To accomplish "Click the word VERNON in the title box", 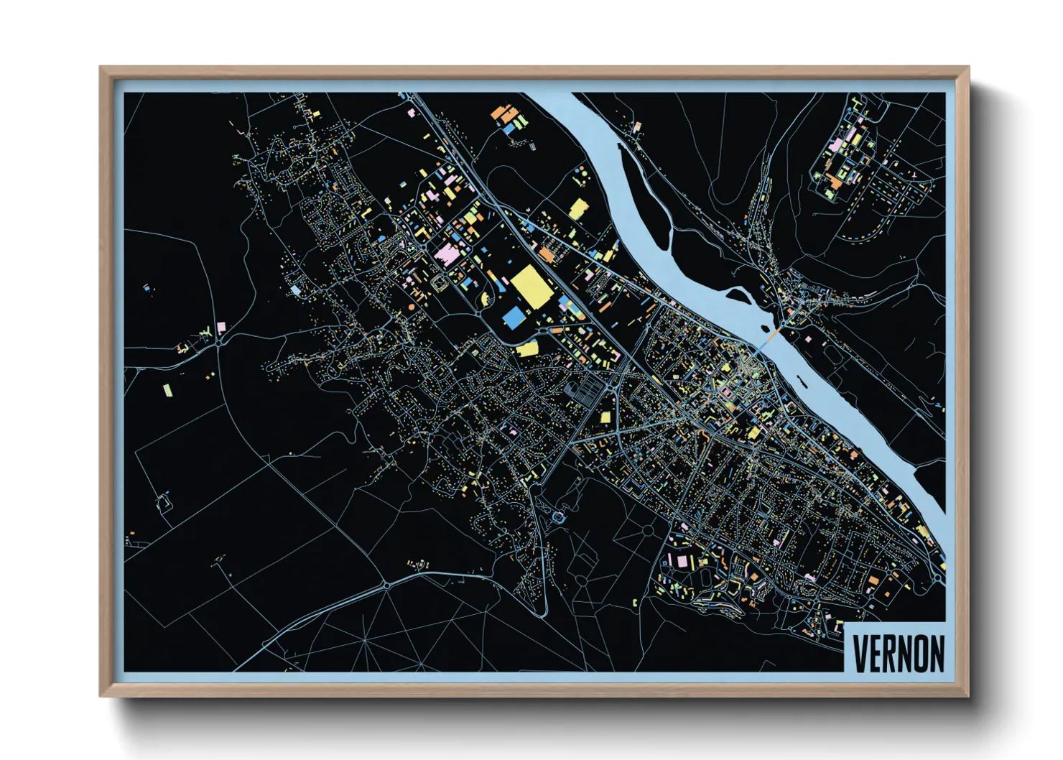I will pos(898,653).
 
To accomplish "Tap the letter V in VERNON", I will pos(860,653).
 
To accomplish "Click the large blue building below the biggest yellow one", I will pos(514,318).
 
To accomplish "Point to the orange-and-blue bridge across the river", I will pos(769,338).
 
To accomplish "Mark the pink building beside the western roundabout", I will pos(221,327).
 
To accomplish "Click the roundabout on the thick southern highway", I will pos(387,585).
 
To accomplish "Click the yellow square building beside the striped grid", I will pos(605,417).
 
